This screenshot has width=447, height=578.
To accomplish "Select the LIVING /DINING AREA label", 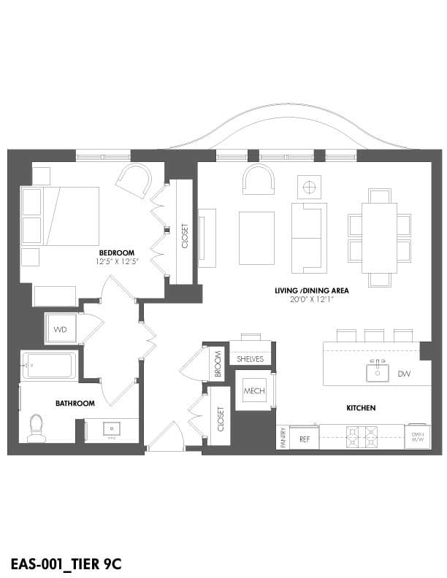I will (311, 290).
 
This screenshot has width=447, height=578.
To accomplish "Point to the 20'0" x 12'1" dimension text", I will (311, 299).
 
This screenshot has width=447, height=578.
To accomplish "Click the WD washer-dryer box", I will (60, 329).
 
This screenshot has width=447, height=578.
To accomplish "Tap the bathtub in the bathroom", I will (48, 365).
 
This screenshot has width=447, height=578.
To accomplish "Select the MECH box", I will (253, 392).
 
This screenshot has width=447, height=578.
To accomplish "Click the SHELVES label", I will (251, 359).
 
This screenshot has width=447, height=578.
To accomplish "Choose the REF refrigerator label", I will (304, 439).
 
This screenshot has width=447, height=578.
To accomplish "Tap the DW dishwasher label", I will (404, 374).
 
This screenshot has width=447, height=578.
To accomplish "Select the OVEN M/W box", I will (417, 436).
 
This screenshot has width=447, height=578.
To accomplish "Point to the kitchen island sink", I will (377, 372).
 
